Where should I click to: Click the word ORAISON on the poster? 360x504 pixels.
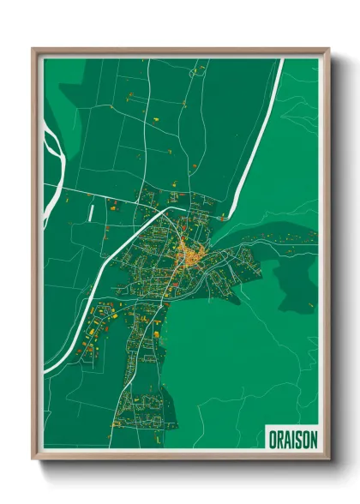point(292,437)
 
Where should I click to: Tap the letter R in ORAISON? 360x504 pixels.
point(278,437)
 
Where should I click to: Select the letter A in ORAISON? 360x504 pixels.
point(286,437)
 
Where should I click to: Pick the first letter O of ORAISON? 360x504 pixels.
point(271,437)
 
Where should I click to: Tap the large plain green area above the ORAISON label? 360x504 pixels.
point(257,360)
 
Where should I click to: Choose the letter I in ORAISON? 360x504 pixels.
point(291,437)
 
